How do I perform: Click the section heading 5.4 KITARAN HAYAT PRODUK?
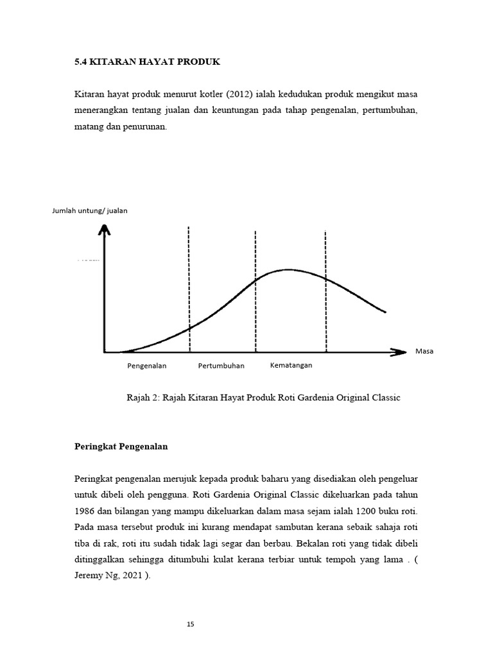(147, 62)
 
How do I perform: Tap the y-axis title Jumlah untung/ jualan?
(90, 211)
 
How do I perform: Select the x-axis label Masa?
(424, 352)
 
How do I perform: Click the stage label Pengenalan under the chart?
(146, 366)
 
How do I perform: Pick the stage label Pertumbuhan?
(221, 366)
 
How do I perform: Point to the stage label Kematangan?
(291, 366)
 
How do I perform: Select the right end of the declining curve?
(385, 312)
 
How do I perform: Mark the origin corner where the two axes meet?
(104, 352)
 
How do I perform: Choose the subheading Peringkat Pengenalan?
(121, 447)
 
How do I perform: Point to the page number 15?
(190, 624)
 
